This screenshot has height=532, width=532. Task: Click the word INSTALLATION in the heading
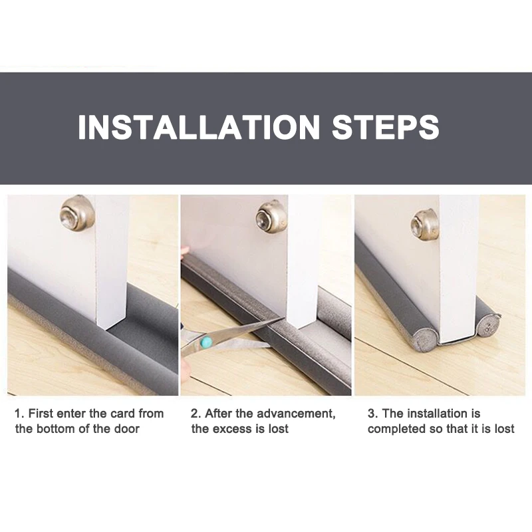(x=199, y=127)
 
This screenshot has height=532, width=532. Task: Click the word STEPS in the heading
(x=386, y=127)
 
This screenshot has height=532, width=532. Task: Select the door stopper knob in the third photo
(x=425, y=224)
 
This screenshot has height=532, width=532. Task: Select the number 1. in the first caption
(x=19, y=414)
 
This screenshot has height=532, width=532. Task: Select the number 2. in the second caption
(x=196, y=414)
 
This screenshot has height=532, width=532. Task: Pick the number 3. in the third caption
(x=372, y=414)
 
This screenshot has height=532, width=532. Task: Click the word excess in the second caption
(x=232, y=429)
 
